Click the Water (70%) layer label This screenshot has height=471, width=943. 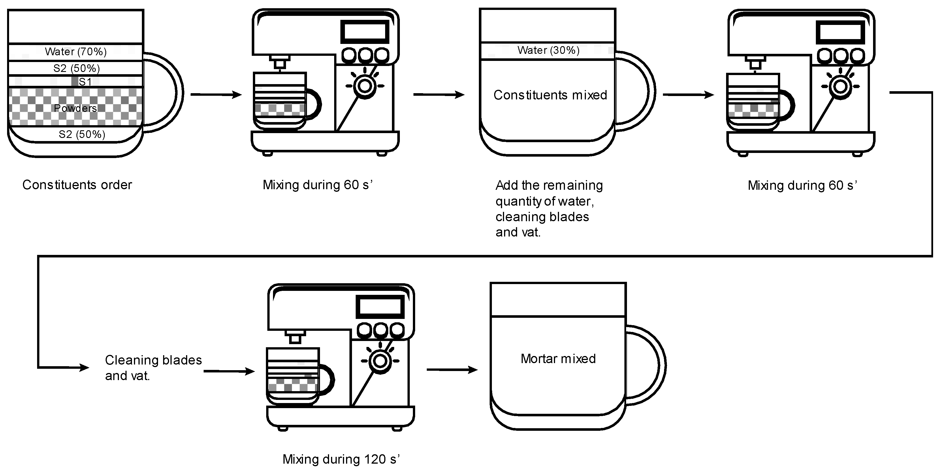coord(76,52)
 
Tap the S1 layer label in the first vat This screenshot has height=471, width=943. coord(85,82)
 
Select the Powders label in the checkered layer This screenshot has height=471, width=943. coord(75,108)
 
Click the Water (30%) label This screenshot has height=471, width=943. coord(548,50)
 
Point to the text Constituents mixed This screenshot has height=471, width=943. coord(550,95)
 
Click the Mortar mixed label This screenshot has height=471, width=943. coord(558,359)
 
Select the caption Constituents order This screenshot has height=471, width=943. coord(77,185)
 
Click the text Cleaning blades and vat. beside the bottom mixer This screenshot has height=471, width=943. coord(153,368)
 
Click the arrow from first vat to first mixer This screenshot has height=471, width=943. coord(216,95)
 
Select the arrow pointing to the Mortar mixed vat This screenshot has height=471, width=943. coord(452,370)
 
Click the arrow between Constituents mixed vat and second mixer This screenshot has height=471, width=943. coord(688,95)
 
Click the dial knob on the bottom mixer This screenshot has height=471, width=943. coord(380,361)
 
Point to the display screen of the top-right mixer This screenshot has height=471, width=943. coord(840,32)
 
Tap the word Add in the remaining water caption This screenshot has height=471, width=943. coord(507,185)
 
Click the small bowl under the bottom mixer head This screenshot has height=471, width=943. coord(293,375)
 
